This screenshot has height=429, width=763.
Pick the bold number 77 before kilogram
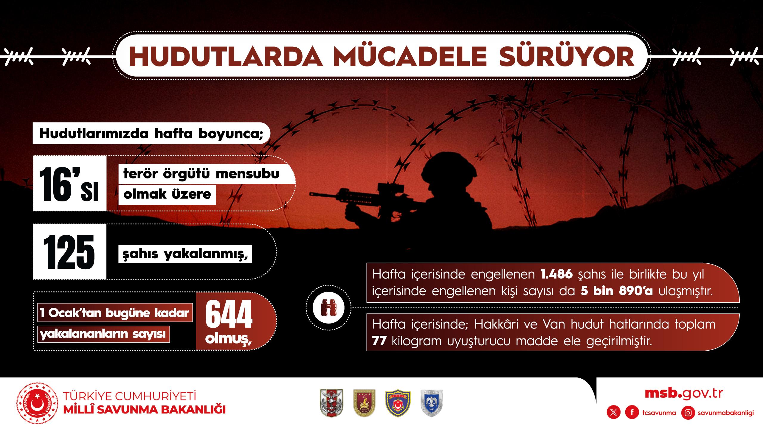pyautogui.click(x=379, y=341)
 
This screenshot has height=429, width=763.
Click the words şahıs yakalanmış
pyautogui.click(x=185, y=254)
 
